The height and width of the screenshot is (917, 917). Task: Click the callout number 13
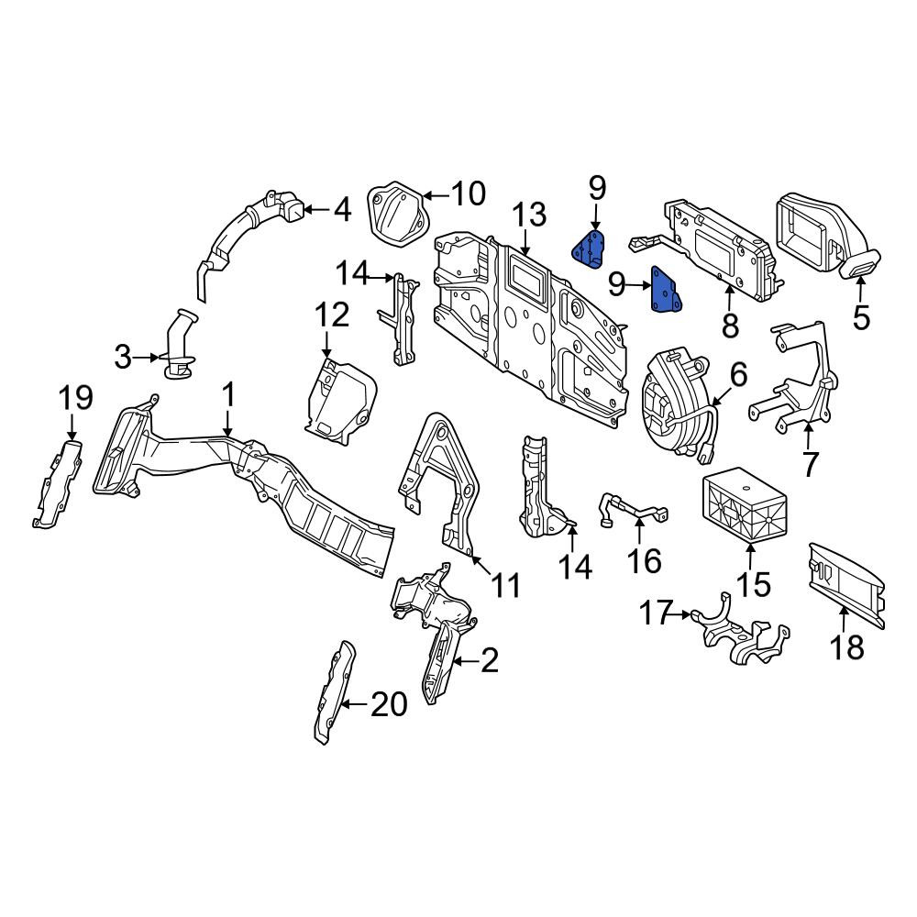click(x=530, y=215)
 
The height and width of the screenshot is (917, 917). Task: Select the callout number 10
click(x=469, y=193)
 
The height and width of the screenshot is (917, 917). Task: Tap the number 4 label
click(x=342, y=209)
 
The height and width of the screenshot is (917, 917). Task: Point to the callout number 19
click(x=75, y=398)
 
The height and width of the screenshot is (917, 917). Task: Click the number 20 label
click(x=389, y=704)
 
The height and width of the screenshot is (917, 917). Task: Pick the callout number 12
click(x=332, y=315)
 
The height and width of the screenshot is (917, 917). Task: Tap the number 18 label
click(x=846, y=647)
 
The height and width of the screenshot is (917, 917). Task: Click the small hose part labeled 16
click(x=633, y=508)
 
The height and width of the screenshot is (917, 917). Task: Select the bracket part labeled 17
click(x=740, y=633)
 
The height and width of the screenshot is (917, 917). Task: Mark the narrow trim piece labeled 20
click(x=335, y=692)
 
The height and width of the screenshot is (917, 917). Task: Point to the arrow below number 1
click(x=228, y=424)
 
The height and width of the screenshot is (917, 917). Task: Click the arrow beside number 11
click(x=481, y=564)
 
